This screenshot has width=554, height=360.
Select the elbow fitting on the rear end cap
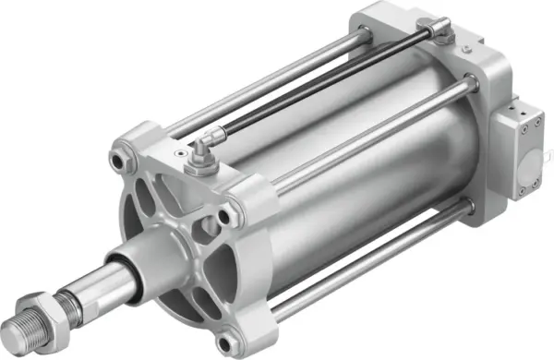click(x=441, y=33)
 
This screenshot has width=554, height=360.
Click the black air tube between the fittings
click(x=323, y=88)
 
